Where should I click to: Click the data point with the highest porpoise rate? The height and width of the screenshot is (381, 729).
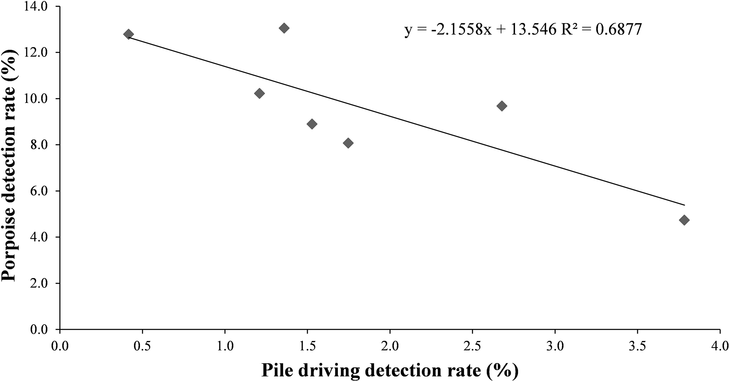[x=284, y=28]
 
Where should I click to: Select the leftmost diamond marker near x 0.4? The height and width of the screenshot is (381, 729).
[x=128, y=34]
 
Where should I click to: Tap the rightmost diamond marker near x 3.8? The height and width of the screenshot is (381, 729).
[x=684, y=220]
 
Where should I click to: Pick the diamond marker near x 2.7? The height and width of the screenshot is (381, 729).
[x=502, y=106]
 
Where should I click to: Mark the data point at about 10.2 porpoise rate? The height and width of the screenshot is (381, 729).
[x=259, y=93]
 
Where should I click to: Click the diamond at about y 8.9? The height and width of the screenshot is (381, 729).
[x=312, y=124]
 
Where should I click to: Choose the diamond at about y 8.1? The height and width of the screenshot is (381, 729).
[x=348, y=143]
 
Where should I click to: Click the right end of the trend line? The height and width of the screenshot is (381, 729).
[x=684, y=205]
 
